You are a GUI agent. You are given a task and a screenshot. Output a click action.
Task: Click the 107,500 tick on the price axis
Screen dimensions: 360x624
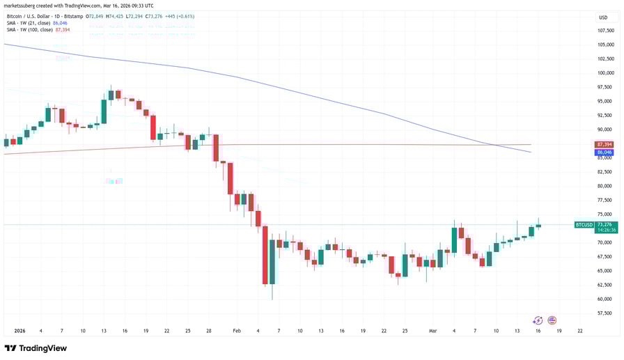pyautogui.click(x=605, y=31)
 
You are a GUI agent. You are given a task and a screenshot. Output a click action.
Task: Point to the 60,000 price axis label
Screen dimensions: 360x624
pyautogui.click(x=604, y=299)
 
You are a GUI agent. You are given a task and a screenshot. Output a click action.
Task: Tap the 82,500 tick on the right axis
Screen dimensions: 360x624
pyautogui.click(x=604, y=172)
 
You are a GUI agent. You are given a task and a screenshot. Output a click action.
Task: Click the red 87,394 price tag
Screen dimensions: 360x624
pyautogui.click(x=604, y=145)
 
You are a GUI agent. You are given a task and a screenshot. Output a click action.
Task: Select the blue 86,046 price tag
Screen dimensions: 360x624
pyautogui.click(x=604, y=152)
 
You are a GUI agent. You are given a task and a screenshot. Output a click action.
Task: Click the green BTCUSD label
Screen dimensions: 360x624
pyautogui.click(x=584, y=225)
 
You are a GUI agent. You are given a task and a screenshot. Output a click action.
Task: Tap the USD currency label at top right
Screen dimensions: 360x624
pyautogui.click(x=603, y=17)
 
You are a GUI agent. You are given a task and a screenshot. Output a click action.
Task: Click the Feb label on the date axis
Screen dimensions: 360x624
pyautogui.click(x=236, y=331)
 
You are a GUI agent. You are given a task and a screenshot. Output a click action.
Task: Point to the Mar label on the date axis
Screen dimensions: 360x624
pyautogui.click(x=432, y=331)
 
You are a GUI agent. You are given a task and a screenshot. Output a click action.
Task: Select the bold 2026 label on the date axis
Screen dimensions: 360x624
pyautogui.click(x=19, y=331)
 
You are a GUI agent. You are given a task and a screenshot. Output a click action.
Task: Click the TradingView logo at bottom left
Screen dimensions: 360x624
pyautogui.click(x=36, y=348)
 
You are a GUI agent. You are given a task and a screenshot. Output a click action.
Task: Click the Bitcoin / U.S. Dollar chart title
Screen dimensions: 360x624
pyautogui.click(x=45, y=16)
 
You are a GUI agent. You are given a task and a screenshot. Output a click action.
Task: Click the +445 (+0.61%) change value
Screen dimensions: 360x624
pyautogui.click(x=179, y=16)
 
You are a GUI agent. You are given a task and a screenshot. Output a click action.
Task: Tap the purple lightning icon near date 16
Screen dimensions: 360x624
pyautogui.click(x=537, y=320)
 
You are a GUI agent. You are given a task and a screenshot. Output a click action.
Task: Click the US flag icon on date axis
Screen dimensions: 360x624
pyautogui.click(x=552, y=320)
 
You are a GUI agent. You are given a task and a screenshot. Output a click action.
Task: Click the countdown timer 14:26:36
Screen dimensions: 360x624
pyautogui.click(x=604, y=230)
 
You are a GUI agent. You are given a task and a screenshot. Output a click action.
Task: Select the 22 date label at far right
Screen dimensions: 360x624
pyautogui.click(x=580, y=331)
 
